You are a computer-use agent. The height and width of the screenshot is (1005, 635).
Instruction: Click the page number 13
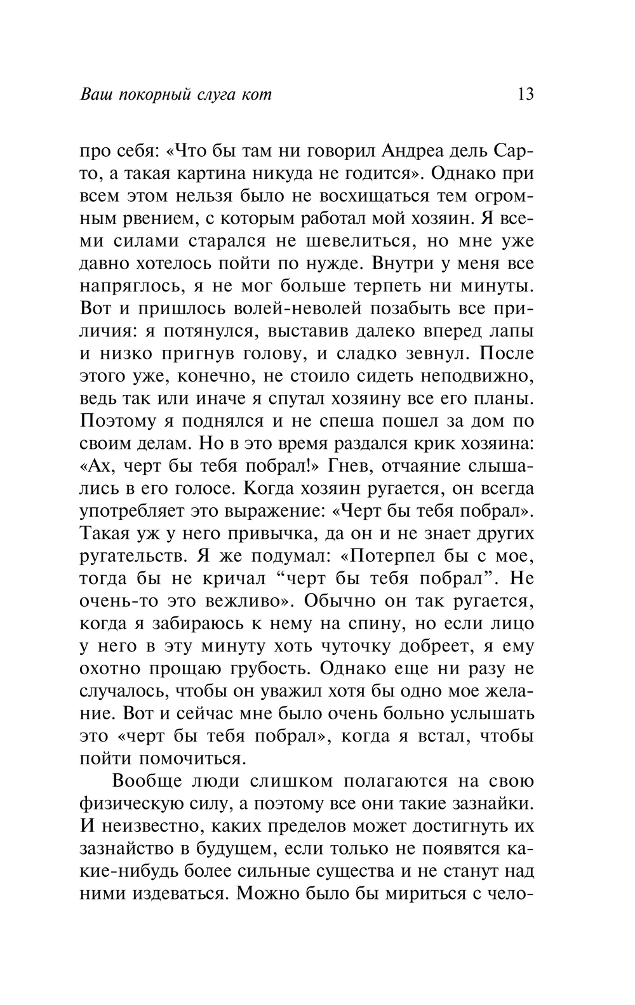pos(526,95)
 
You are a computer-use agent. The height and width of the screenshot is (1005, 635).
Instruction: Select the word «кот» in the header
pos(257,95)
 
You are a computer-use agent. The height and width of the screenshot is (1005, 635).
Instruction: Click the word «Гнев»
pos(345,466)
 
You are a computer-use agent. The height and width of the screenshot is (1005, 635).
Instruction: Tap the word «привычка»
pos(278,533)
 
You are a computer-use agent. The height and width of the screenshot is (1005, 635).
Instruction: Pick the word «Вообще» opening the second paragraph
pos(148,781)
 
